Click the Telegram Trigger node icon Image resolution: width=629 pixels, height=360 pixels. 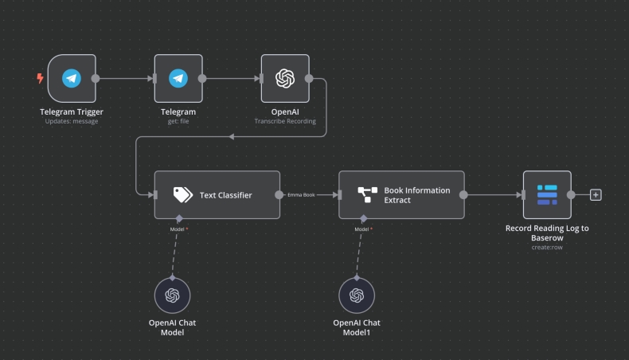72,79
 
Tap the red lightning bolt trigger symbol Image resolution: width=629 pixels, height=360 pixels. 40,79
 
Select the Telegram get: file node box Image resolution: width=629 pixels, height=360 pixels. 178,79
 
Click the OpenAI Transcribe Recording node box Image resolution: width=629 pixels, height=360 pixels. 285,79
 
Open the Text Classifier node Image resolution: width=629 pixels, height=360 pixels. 217,194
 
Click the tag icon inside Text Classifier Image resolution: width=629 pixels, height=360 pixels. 183,194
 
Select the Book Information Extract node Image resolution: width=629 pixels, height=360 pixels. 402,194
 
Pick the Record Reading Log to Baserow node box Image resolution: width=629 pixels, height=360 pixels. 547,194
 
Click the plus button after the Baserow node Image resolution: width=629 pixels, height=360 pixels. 596,194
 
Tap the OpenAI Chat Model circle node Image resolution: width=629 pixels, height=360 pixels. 173,295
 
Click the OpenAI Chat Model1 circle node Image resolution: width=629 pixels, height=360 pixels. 357,295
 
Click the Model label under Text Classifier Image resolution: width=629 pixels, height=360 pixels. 179,229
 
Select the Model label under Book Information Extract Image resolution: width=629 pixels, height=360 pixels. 363,229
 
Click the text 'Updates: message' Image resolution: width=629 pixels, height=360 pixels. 72,121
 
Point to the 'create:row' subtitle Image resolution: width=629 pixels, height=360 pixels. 547,247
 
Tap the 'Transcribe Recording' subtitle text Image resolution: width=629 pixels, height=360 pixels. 285,121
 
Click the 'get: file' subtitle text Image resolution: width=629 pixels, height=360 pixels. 178,121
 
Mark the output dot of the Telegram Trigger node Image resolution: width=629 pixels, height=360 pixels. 96,79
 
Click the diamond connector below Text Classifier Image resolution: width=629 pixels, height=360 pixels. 179,217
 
